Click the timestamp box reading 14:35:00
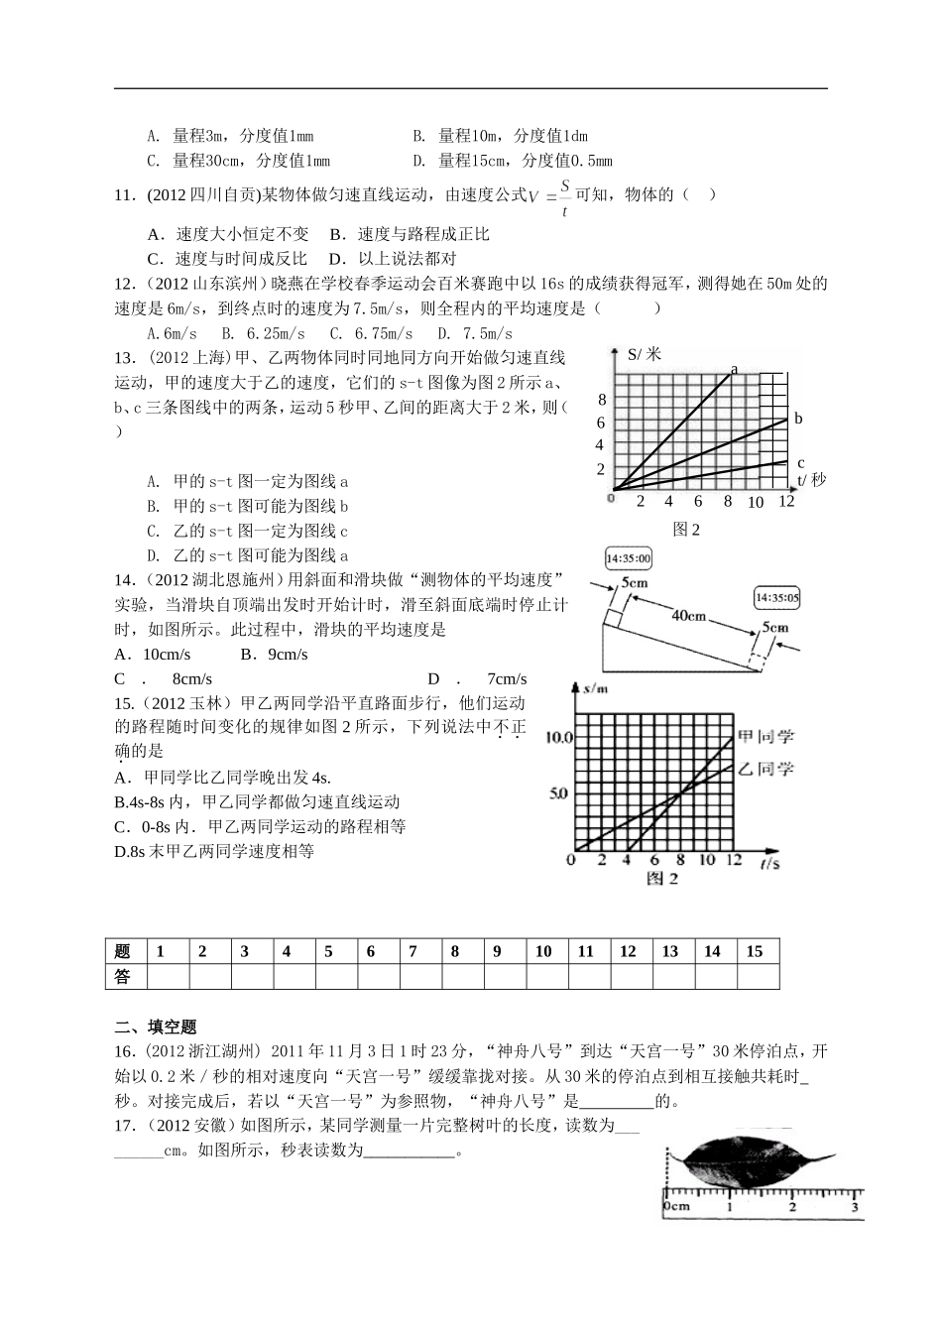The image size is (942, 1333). click(628, 558)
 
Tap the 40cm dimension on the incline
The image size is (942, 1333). click(688, 616)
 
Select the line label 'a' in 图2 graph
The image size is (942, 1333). click(734, 370)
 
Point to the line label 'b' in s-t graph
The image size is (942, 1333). click(798, 419)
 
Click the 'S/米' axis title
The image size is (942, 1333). click(645, 353)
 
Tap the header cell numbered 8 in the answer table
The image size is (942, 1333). click(455, 951)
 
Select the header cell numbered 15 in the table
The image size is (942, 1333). click(755, 951)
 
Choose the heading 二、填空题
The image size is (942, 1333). click(157, 1027)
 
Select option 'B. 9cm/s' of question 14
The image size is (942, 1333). click(275, 655)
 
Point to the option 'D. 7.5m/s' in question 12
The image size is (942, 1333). click(475, 333)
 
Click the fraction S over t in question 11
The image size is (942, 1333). click(565, 196)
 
